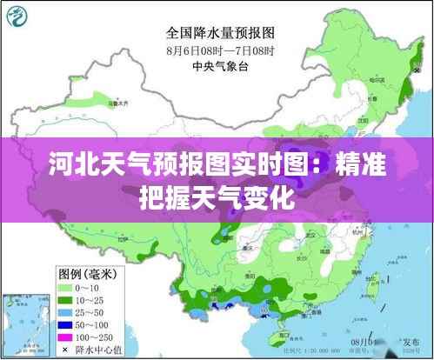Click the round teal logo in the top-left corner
pos(18,17)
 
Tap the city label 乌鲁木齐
pos(118,103)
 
